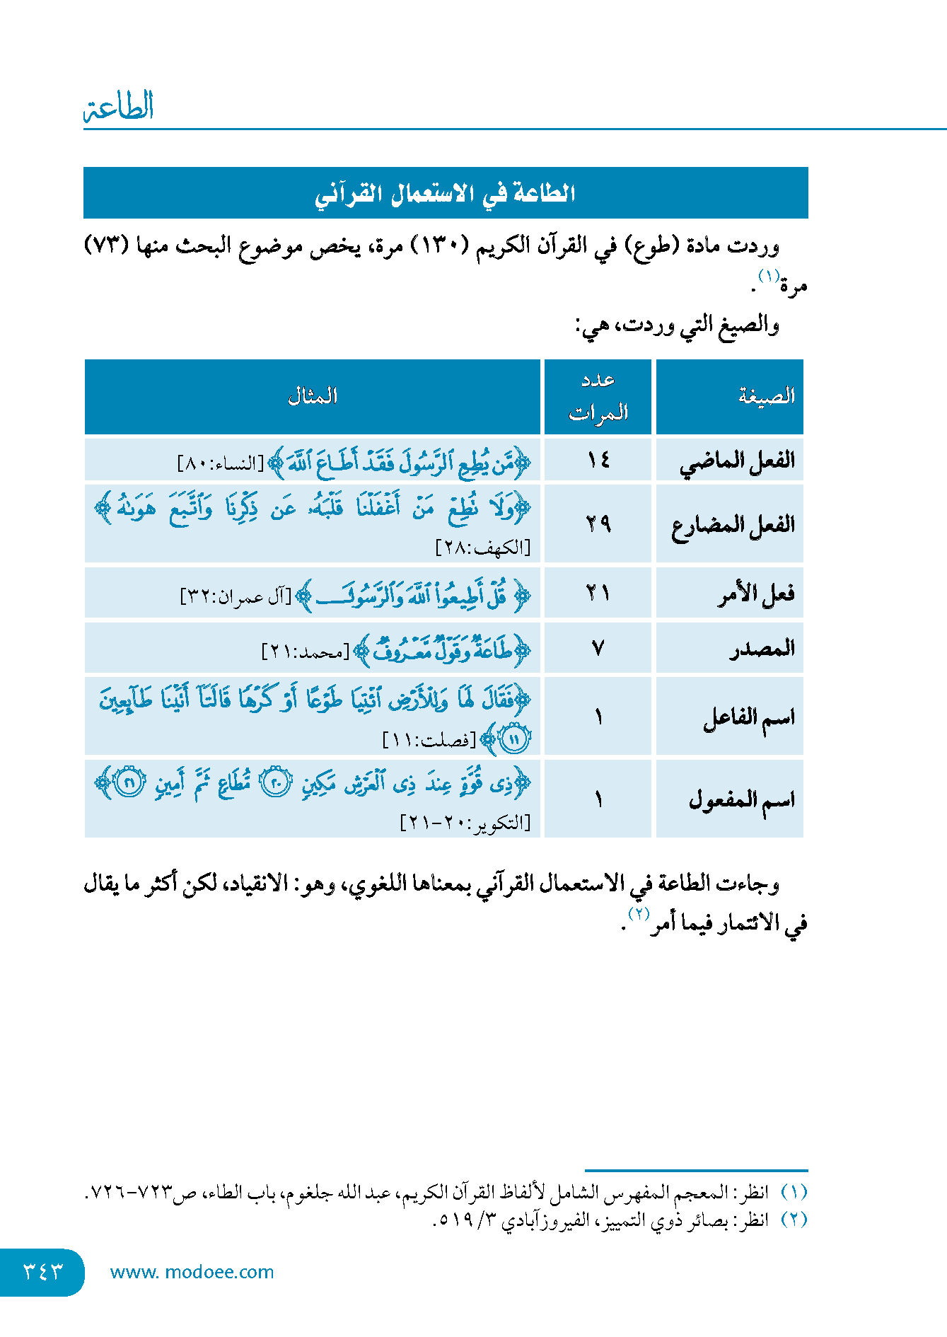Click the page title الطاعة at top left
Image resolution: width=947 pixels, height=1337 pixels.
click(x=119, y=107)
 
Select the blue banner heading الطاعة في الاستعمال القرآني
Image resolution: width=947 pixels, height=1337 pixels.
click(x=445, y=193)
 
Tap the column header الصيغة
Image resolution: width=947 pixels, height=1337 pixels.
click(x=766, y=396)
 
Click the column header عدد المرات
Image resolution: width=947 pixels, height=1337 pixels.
click(x=598, y=396)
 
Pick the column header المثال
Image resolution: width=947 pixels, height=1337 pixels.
click(x=312, y=396)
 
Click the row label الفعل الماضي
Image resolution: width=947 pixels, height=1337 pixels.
click(x=737, y=461)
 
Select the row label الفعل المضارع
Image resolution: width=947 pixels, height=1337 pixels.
click(x=733, y=525)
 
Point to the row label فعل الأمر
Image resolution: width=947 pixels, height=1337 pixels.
click(x=755, y=594)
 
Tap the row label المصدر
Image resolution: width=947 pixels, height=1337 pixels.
click(x=762, y=648)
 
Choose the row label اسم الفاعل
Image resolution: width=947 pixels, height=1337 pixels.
click(x=748, y=717)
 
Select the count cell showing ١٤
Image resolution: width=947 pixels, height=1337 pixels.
click(x=598, y=461)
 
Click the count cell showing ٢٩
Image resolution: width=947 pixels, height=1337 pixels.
click(x=598, y=524)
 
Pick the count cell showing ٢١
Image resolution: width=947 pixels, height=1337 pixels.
click(x=598, y=593)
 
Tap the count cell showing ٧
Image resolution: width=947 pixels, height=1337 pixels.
click(x=598, y=648)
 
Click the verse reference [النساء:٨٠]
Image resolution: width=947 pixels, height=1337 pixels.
click(x=220, y=465)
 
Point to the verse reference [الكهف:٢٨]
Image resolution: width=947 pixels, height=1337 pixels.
click(x=483, y=548)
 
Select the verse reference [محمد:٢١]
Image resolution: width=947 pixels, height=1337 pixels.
click(x=306, y=652)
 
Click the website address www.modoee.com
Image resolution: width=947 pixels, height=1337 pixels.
click(x=192, y=1272)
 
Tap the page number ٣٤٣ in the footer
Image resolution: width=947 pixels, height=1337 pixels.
click(x=43, y=1271)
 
